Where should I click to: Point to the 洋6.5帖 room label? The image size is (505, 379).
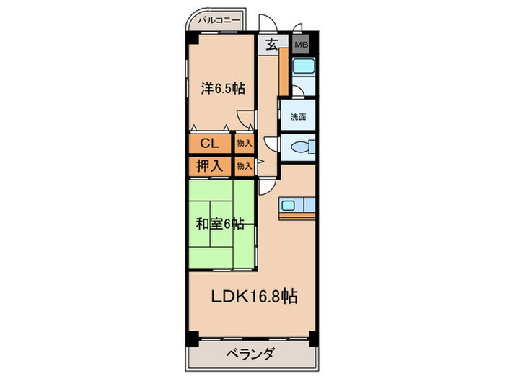pyautogui.click(x=223, y=90)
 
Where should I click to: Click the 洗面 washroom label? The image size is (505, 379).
pyautogui.click(x=298, y=116)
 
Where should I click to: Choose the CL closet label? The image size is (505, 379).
pyautogui.click(x=210, y=143)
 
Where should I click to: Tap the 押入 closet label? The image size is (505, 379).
pyautogui.click(x=210, y=165)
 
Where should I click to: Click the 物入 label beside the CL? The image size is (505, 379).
pyautogui.click(x=245, y=144)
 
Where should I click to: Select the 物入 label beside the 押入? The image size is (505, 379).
pyautogui.click(x=245, y=165)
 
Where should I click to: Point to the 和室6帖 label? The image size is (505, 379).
pyautogui.click(x=219, y=224)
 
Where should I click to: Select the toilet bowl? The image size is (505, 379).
pyautogui.click(x=299, y=147)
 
